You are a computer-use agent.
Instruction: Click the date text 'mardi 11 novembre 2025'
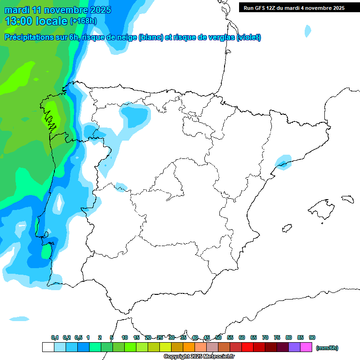pos(58,10)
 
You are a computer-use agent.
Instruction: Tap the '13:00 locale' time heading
pos(37,21)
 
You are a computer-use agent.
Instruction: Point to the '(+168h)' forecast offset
pos(83,21)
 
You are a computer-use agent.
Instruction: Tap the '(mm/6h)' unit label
pos(326,348)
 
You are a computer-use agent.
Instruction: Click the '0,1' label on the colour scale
pos(55,338)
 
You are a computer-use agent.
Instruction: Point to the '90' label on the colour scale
pos(312,338)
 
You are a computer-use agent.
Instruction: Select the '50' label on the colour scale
pos(218,338)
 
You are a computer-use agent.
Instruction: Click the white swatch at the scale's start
pos(48,347)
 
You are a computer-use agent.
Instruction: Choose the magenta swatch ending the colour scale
pos(306,347)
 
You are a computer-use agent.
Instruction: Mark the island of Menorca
pos(347,199)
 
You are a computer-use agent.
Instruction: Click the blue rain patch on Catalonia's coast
pos(283,162)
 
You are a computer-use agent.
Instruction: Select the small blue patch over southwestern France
pos(307,31)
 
